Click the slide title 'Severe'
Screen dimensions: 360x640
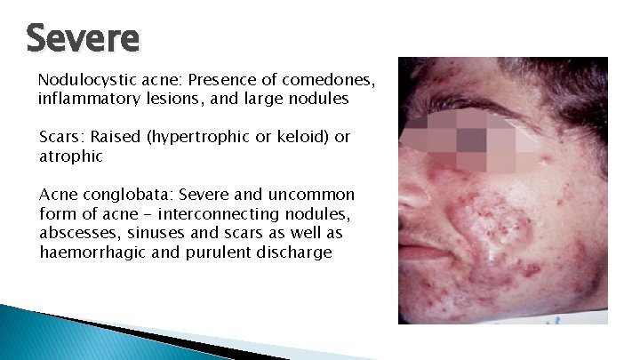point(83,38)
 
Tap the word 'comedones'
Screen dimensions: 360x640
point(332,80)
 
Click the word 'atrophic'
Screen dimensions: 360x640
point(71,156)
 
